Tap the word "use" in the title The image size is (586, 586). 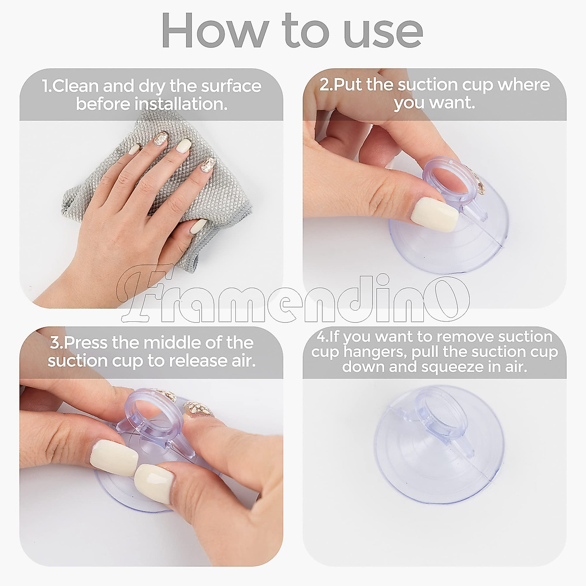pos(384,34)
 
